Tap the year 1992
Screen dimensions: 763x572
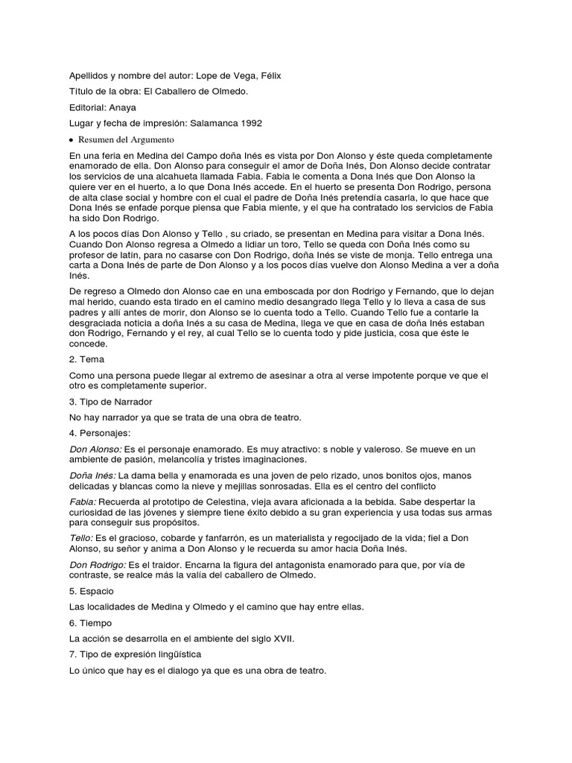[x=248, y=123]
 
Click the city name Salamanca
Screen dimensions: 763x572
[x=205, y=123]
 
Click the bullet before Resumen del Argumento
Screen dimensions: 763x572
[x=71, y=139]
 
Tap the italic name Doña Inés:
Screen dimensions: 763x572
[x=92, y=475]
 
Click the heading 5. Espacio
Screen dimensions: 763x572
[x=93, y=591]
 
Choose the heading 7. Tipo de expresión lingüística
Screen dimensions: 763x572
[x=136, y=655]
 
